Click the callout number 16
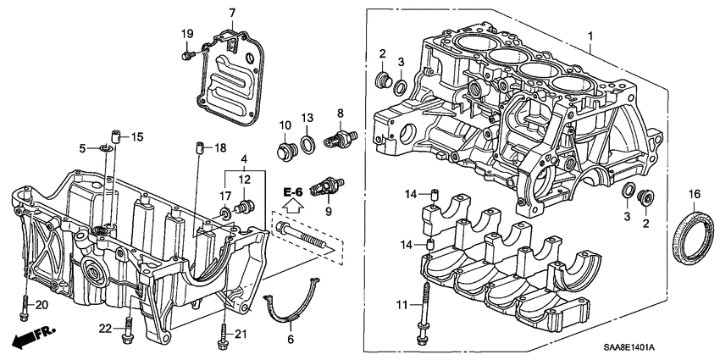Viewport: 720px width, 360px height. [693, 195]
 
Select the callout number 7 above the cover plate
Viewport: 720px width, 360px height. [230, 12]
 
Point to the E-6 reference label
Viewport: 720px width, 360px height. [292, 192]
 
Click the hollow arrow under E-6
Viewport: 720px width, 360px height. [292, 206]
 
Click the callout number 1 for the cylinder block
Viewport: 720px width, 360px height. [591, 36]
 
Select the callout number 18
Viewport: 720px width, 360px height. [220, 148]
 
